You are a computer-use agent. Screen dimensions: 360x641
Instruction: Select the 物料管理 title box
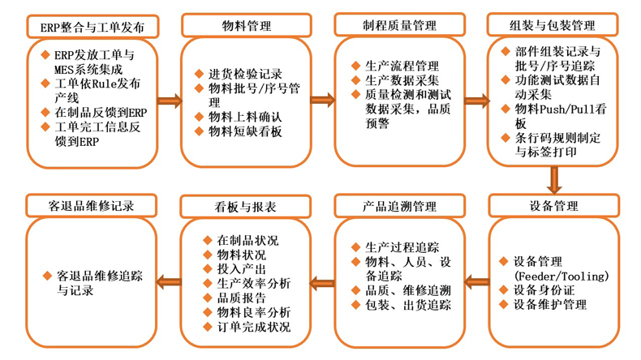[246, 27]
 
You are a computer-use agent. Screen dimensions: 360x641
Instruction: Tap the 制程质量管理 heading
[399, 27]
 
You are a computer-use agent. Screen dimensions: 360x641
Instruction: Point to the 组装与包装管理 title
[553, 27]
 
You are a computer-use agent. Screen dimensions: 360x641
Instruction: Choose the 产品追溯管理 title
[399, 206]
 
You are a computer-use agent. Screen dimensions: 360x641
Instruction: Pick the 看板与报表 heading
[245, 206]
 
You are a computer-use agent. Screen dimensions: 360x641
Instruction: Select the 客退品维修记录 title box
[92, 206]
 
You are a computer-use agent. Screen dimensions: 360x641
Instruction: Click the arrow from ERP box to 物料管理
[170, 101]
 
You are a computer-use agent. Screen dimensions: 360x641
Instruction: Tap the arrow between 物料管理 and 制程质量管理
[322, 101]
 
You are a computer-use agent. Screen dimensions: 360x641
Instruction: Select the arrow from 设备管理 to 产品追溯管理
[476, 282]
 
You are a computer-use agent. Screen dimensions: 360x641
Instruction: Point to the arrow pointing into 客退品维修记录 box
[169, 282]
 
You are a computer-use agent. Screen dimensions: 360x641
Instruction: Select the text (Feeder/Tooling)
[561, 276]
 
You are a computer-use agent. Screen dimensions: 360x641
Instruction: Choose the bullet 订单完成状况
[254, 328]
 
